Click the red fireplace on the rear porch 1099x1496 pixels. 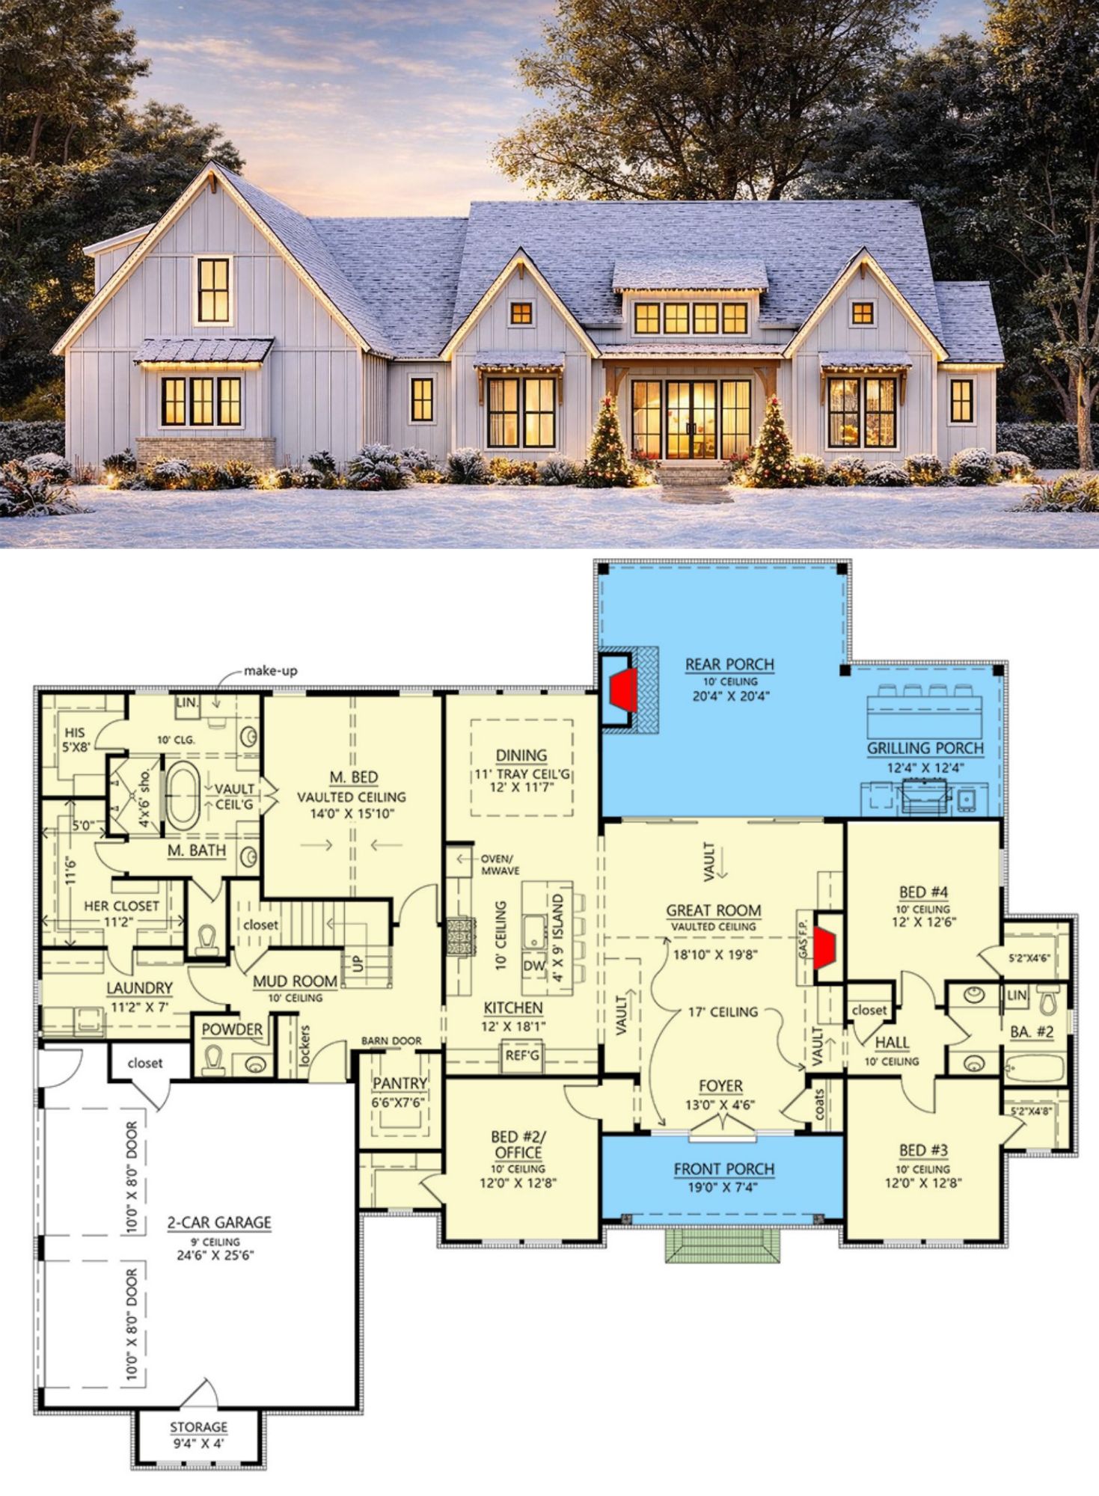pos(622,690)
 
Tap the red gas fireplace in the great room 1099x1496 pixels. pos(824,947)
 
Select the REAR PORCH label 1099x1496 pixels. pos(729,664)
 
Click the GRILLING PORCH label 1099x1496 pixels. pos(925,748)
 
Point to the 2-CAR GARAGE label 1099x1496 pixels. pos(218,1222)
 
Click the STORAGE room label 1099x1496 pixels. pos(198,1427)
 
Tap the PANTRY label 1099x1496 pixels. pos(400,1083)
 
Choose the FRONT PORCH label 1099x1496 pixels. pos(723,1168)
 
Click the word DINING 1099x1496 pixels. pos(521,755)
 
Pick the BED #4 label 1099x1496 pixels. pos(923,892)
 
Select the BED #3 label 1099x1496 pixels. pos(923,1150)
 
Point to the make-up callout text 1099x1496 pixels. pos(270,671)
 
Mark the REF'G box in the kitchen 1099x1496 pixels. pos(522,1055)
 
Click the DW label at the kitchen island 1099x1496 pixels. pos(534,966)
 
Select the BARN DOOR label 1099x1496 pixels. pos(391,1040)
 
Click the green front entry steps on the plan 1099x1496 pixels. pos(722,1245)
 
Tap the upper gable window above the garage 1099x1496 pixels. pos(214,289)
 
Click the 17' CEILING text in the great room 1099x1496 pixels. pos(723,1012)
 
